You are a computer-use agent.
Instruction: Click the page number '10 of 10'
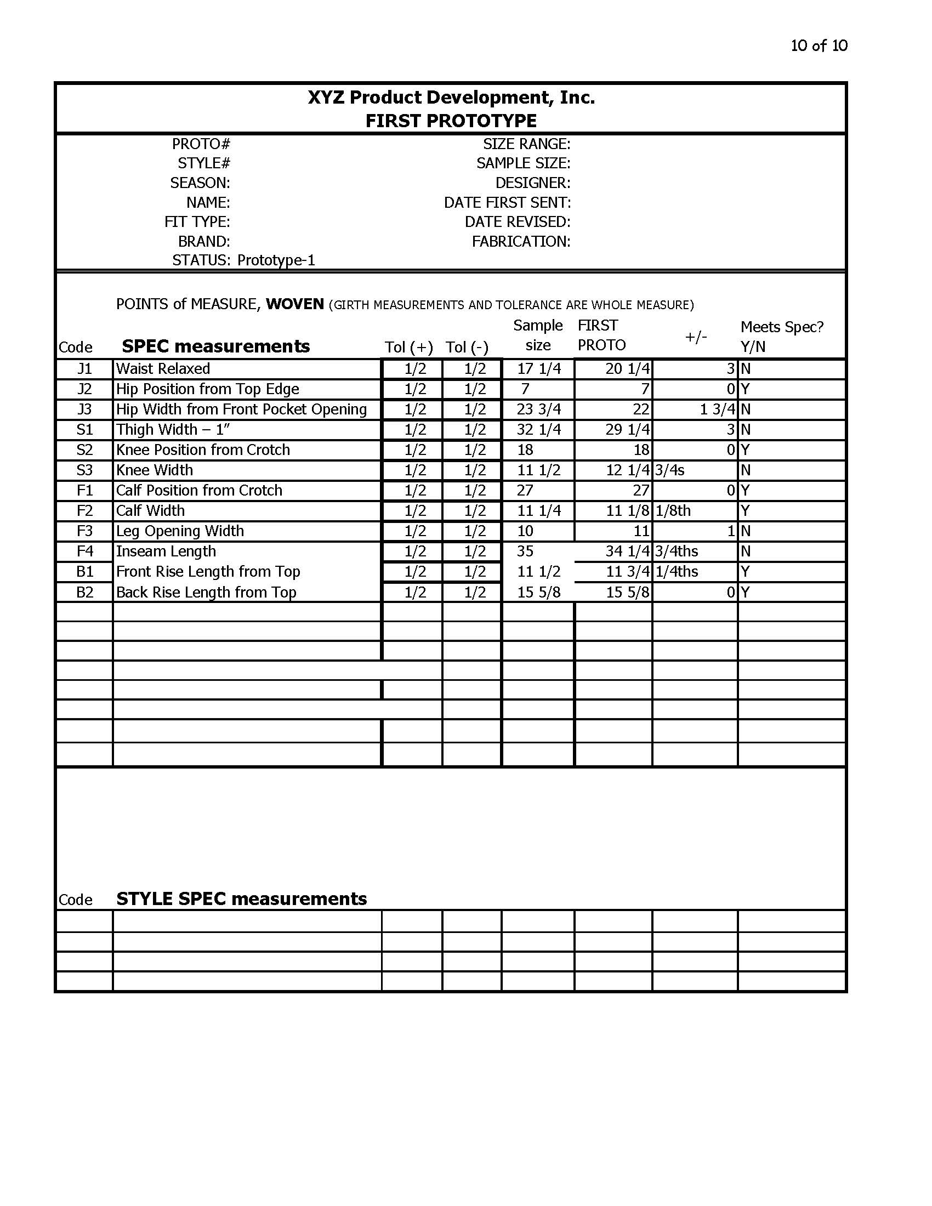coord(819,45)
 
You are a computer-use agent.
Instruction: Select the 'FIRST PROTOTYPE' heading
coord(451,121)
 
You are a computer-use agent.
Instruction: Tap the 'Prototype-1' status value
coord(276,260)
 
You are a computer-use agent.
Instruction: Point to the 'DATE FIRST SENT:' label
coord(507,203)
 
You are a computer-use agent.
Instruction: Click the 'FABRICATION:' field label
coord(521,241)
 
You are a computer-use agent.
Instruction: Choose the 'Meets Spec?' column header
coord(781,327)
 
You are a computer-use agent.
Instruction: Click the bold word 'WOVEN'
coord(295,304)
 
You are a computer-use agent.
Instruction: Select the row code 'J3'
coord(84,409)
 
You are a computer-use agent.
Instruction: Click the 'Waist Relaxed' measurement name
coord(163,369)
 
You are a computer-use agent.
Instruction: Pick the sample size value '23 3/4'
coord(539,409)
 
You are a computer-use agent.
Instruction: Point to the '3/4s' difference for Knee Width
coord(670,470)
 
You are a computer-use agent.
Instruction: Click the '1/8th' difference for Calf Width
coord(673,511)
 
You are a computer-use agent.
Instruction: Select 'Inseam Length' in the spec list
coord(166,551)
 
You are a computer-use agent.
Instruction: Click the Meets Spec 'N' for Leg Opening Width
coord(745,531)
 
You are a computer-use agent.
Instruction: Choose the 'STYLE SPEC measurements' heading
coord(241,899)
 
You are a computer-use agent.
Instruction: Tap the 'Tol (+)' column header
coord(408,348)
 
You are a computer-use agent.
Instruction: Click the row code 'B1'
coord(84,572)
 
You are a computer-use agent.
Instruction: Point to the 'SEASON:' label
coord(200,183)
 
